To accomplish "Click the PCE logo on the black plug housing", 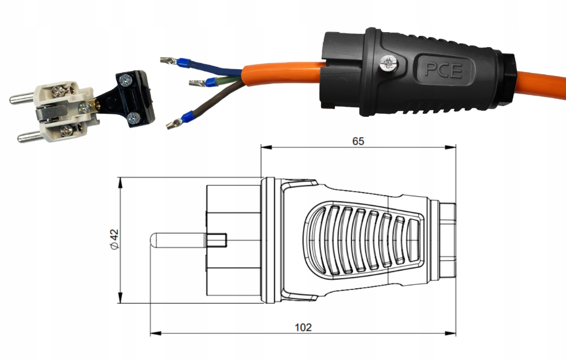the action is (x=443, y=70).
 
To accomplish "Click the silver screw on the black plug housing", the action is (x=389, y=64).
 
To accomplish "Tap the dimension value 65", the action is (x=358, y=141).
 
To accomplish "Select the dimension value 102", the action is (x=303, y=327).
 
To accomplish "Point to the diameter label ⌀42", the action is (x=114, y=239).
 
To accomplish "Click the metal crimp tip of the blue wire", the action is (x=168, y=60).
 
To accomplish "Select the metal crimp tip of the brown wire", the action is (x=174, y=124).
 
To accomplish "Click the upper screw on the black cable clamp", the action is (x=125, y=80).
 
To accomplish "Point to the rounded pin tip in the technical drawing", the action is (x=153, y=241).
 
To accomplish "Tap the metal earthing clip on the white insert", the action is (x=49, y=113).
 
